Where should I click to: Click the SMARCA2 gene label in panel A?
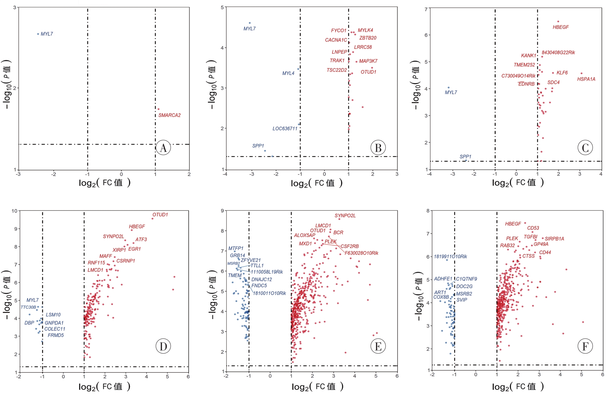[x=169, y=115]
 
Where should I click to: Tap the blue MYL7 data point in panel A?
[x=38, y=34]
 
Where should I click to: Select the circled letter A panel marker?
[x=163, y=148]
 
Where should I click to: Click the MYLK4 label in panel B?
[x=365, y=30]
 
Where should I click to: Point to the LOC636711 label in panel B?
[x=285, y=129]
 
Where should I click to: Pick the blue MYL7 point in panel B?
[x=250, y=23]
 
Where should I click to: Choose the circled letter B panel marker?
[x=378, y=148]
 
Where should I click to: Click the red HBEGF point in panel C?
[x=558, y=22]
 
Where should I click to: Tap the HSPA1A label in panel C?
[x=586, y=79]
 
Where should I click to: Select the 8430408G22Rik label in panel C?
[x=558, y=52]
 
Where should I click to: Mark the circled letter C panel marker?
[x=585, y=148]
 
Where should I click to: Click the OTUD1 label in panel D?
[x=160, y=215]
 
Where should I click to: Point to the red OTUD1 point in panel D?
[x=153, y=219]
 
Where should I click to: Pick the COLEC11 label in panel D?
[x=55, y=329]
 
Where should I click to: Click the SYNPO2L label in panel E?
[x=345, y=216]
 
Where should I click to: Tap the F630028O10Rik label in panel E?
[x=361, y=253]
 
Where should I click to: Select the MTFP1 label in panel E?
[x=236, y=249]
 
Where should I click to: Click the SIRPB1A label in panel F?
[x=554, y=239]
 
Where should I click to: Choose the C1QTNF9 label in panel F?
[x=466, y=279]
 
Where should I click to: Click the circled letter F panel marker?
[x=585, y=347]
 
